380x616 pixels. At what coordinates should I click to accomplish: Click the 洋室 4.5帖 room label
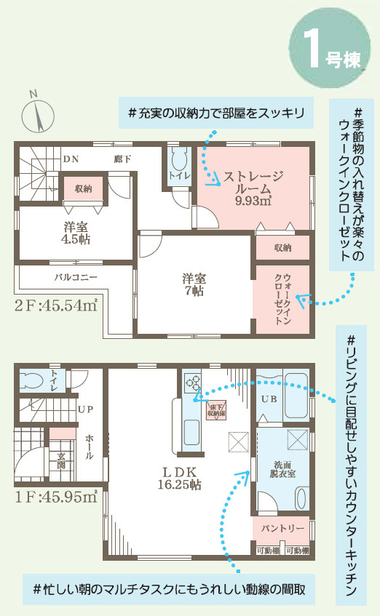point(75,232)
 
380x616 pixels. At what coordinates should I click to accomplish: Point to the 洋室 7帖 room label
point(194,284)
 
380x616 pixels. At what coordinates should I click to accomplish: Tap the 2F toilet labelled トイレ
point(177,175)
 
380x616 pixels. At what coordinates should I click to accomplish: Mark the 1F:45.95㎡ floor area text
point(55,497)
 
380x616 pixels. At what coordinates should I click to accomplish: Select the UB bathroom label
point(268,400)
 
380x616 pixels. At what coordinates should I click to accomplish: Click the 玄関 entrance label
point(61,460)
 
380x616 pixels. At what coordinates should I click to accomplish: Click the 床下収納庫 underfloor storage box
point(217,409)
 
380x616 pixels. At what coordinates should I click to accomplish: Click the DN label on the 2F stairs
point(71,159)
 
